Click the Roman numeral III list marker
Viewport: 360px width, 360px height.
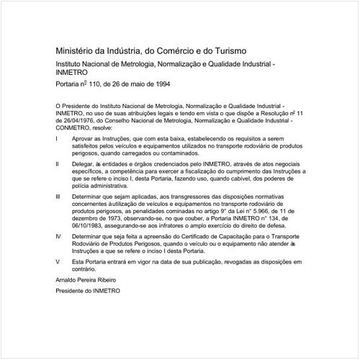[58, 195]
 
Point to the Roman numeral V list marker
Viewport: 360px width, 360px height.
[57, 253]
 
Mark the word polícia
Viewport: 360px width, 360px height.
[81, 184]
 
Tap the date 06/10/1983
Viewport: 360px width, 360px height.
[90, 223]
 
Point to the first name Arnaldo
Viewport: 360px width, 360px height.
[66, 279]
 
